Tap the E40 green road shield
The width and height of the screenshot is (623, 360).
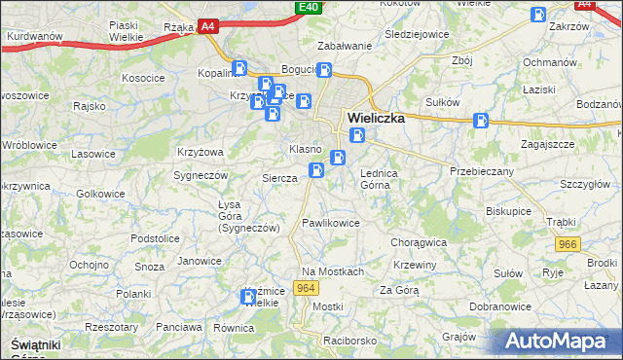[309, 8]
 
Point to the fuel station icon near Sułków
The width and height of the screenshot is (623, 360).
[481, 121]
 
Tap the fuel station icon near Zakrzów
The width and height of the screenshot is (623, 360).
[538, 15]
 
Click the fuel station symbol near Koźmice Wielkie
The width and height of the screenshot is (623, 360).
[248, 296]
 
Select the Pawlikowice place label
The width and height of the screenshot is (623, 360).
[331, 223]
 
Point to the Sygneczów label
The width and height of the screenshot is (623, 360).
[201, 175]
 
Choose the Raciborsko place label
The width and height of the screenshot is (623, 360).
[350, 342]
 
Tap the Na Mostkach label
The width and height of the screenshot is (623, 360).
[333, 271]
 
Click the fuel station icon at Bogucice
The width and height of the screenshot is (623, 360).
[325, 70]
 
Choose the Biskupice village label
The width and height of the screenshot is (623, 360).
[509, 209]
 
